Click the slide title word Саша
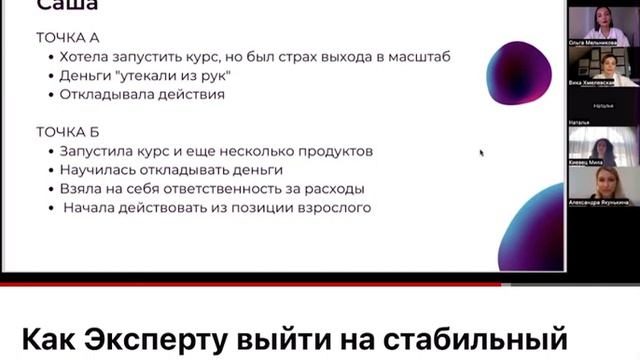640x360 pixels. click(67, 6)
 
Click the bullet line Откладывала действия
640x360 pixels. click(141, 94)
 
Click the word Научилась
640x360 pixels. click(98, 170)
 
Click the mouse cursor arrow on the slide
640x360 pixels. click(481, 153)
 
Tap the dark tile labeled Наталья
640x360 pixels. click(603, 105)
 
